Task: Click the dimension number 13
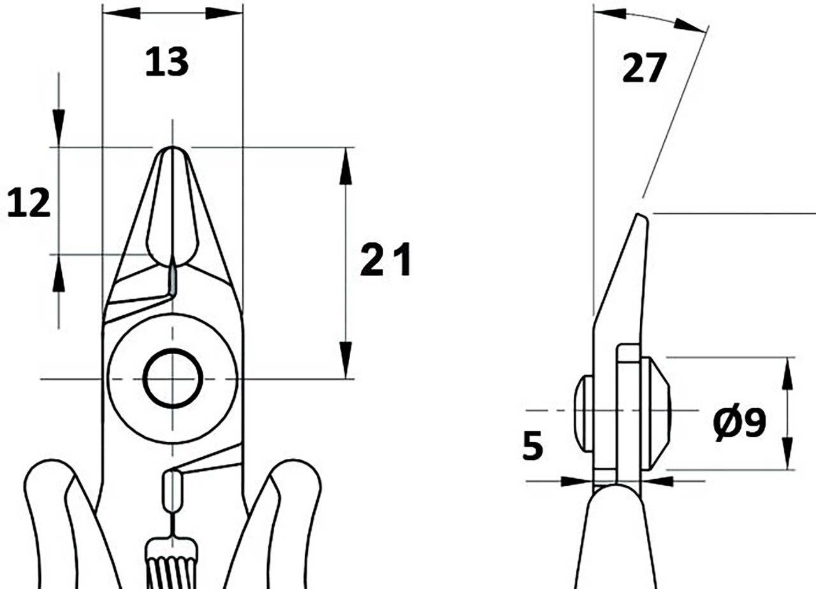[x=167, y=63]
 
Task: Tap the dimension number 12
[x=29, y=203]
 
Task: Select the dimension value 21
[x=386, y=259]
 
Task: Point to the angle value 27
[x=645, y=68]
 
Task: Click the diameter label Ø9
[x=739, y=422]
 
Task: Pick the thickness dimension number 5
[x=532, y=445]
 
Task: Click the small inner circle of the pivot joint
[x=173, y=378]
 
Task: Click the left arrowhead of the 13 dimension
[x=122, y=13]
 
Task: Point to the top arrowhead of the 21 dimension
[x=346, y=166]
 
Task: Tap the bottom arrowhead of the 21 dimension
[x=346, y=360]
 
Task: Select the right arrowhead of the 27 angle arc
[x=690, y=26]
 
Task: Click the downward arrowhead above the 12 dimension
[x=59, y=128]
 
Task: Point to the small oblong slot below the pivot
[x=171, y=491]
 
